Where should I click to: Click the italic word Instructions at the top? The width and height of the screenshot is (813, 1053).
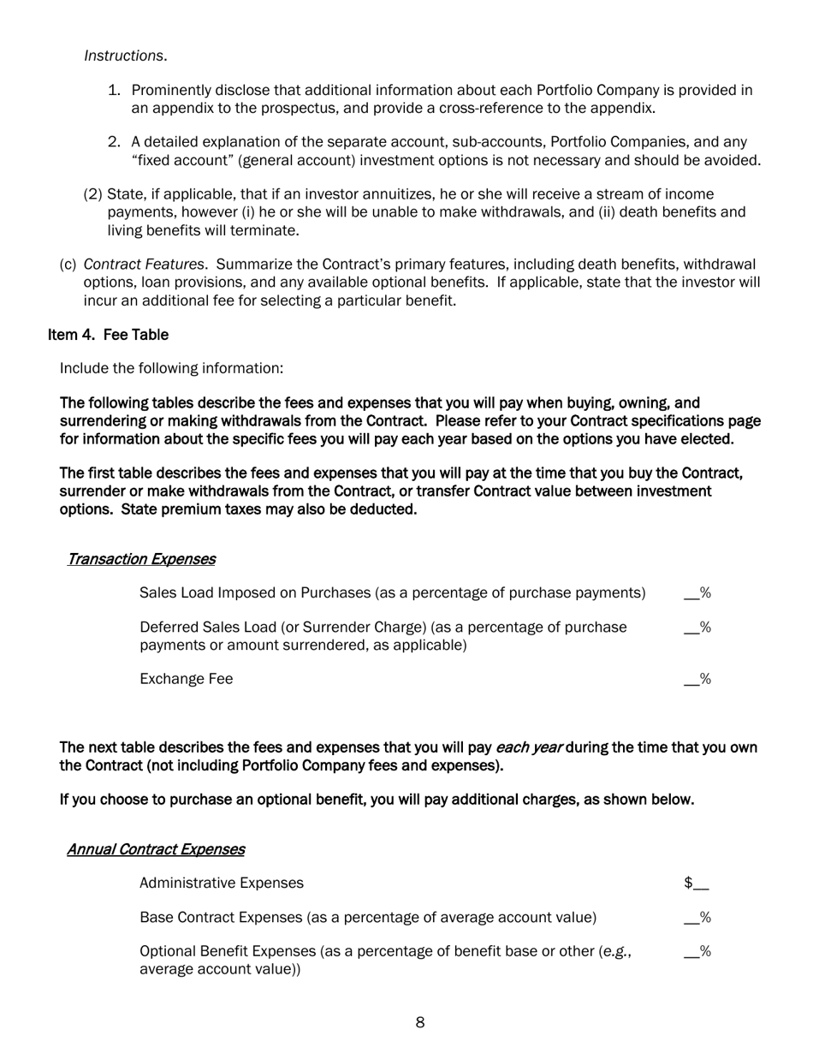pyautogui.click(x=124, y=57)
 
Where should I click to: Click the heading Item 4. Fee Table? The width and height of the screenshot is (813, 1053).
pyautogui.click(x=108, y=335)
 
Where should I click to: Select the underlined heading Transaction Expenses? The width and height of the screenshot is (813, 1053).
pyautogui.click(x=141, y=560)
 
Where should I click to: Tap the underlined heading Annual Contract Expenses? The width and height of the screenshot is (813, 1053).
pyautogui.click(x=156, y=850)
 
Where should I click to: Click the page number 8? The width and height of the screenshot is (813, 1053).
pyautogui.click(x=420, y=1023)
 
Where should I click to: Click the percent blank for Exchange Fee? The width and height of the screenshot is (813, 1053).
pyautogui.click(x=697, y=680)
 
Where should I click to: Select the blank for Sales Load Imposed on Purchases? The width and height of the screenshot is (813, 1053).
pyautogui.click(x=697, y=593)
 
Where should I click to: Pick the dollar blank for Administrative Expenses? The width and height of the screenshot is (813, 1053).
pyautogui.click(x=697, y=883)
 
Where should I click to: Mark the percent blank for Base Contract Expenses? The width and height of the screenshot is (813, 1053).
pyautogui.click(x=697, y=918)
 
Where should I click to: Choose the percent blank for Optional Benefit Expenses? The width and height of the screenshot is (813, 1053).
pyautogui.click(x=697, y=952)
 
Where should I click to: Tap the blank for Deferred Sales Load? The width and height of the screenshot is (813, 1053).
pyautogui.click(x=697, y=628)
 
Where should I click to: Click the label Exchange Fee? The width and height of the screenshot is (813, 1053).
pyautogui.click(x=186, y=680)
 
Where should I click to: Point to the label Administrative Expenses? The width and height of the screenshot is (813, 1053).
pyautogui.click(x=221, y=883)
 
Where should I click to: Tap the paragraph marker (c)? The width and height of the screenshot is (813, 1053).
pyautogui.click(x=68, y=265)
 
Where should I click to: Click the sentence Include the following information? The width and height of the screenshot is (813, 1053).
pyautogui.click(x=171, y=369)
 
